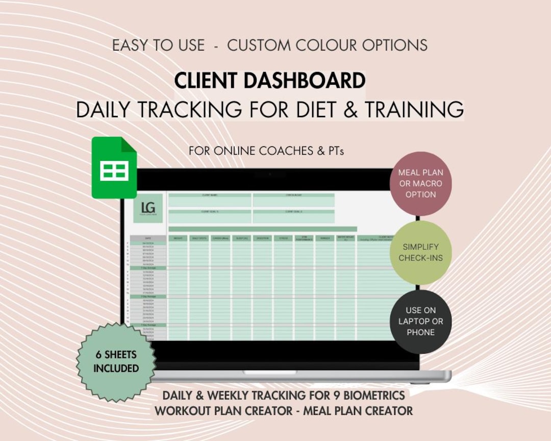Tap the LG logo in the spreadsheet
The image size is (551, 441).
[148, 208]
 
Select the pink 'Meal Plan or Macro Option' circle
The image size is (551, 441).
[420, 184]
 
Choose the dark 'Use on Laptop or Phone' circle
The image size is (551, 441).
[420, 321]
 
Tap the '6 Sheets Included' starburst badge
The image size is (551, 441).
[116, 361]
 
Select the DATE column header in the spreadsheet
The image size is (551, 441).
[148, 238]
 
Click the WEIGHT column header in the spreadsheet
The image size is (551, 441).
[178, 238]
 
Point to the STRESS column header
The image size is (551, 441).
[283, 238]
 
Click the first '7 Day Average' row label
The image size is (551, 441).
[148, 267]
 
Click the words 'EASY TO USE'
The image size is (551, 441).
[158, 45]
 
